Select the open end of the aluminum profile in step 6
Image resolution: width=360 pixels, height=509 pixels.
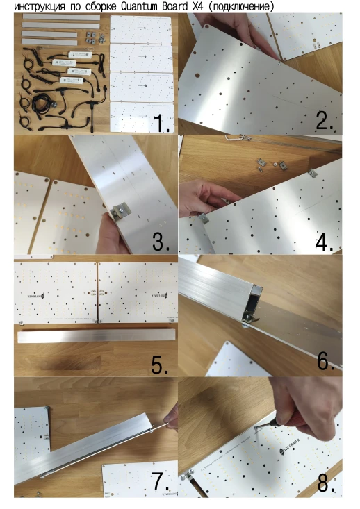(x=252, y=303)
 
